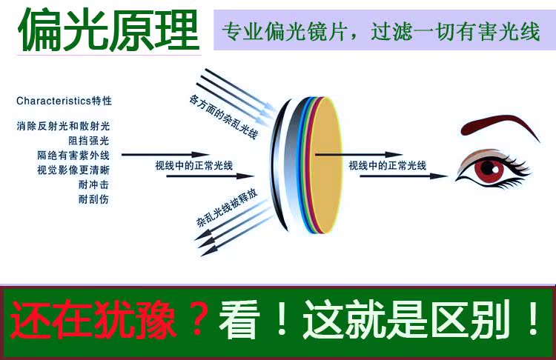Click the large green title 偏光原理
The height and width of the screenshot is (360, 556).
109,30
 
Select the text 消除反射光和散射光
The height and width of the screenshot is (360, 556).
63,126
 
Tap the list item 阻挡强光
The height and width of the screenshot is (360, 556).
89,141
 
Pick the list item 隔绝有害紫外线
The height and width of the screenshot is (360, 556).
73,156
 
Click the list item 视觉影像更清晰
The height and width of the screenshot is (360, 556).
73,170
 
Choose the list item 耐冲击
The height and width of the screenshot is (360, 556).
93,184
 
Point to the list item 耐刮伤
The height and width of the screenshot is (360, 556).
93,199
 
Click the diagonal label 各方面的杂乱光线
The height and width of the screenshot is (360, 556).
223,116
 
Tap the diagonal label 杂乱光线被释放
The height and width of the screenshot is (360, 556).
227,208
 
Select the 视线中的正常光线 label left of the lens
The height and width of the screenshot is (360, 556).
194,165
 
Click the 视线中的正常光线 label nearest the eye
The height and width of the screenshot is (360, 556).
387,165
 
